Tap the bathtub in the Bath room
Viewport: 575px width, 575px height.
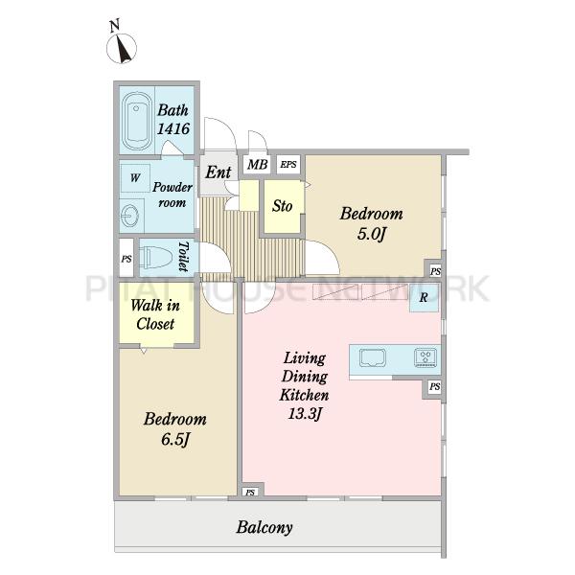(x=137, y=121)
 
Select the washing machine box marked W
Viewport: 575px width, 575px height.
(x=135, y=178)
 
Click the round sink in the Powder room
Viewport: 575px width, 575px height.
(x=129, y=216)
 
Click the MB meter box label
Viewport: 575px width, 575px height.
(x=258, y=164)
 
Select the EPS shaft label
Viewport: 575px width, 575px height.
(x=288, y=164)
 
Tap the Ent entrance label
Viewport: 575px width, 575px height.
(x=218, y=172)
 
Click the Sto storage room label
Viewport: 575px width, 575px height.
(x=282, y=206)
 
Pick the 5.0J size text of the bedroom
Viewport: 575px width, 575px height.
(x=372, y=234)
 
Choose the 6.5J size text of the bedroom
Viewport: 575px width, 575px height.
(x=175, y=439)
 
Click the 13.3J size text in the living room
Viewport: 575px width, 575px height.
(x=305, y=413)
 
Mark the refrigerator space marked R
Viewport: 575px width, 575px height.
(x=424, y=298)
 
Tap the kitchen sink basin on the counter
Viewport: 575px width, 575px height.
(x=373, y=357)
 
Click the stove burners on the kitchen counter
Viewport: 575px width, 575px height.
(x=425, y=357)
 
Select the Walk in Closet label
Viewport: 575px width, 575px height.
(x=155, y=314)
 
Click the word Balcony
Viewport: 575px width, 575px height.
(x=264, y=527)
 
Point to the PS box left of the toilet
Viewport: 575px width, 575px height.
(x=126, y=258)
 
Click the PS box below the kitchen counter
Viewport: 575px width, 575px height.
(x=434, y=386)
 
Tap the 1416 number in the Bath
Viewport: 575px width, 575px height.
(x=173, y=128)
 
